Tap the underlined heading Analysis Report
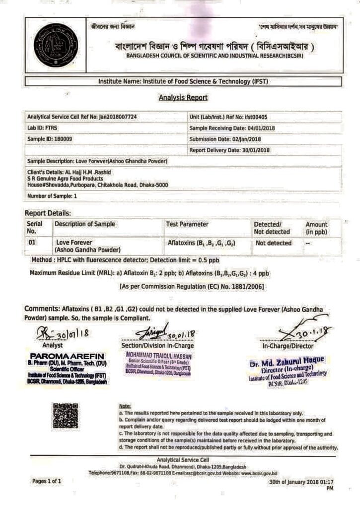pos(183,98)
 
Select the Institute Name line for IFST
pos(183,81)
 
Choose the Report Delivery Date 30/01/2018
pos(251,150)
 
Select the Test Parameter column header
pos(187,224)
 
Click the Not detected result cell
pos(273,244)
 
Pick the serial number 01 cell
pos(33,243)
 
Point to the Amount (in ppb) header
pos(316,228)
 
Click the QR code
pos(66,416)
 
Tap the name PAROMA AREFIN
pos(68,356)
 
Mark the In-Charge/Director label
pos(288,346)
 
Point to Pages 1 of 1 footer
pos(47,481)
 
